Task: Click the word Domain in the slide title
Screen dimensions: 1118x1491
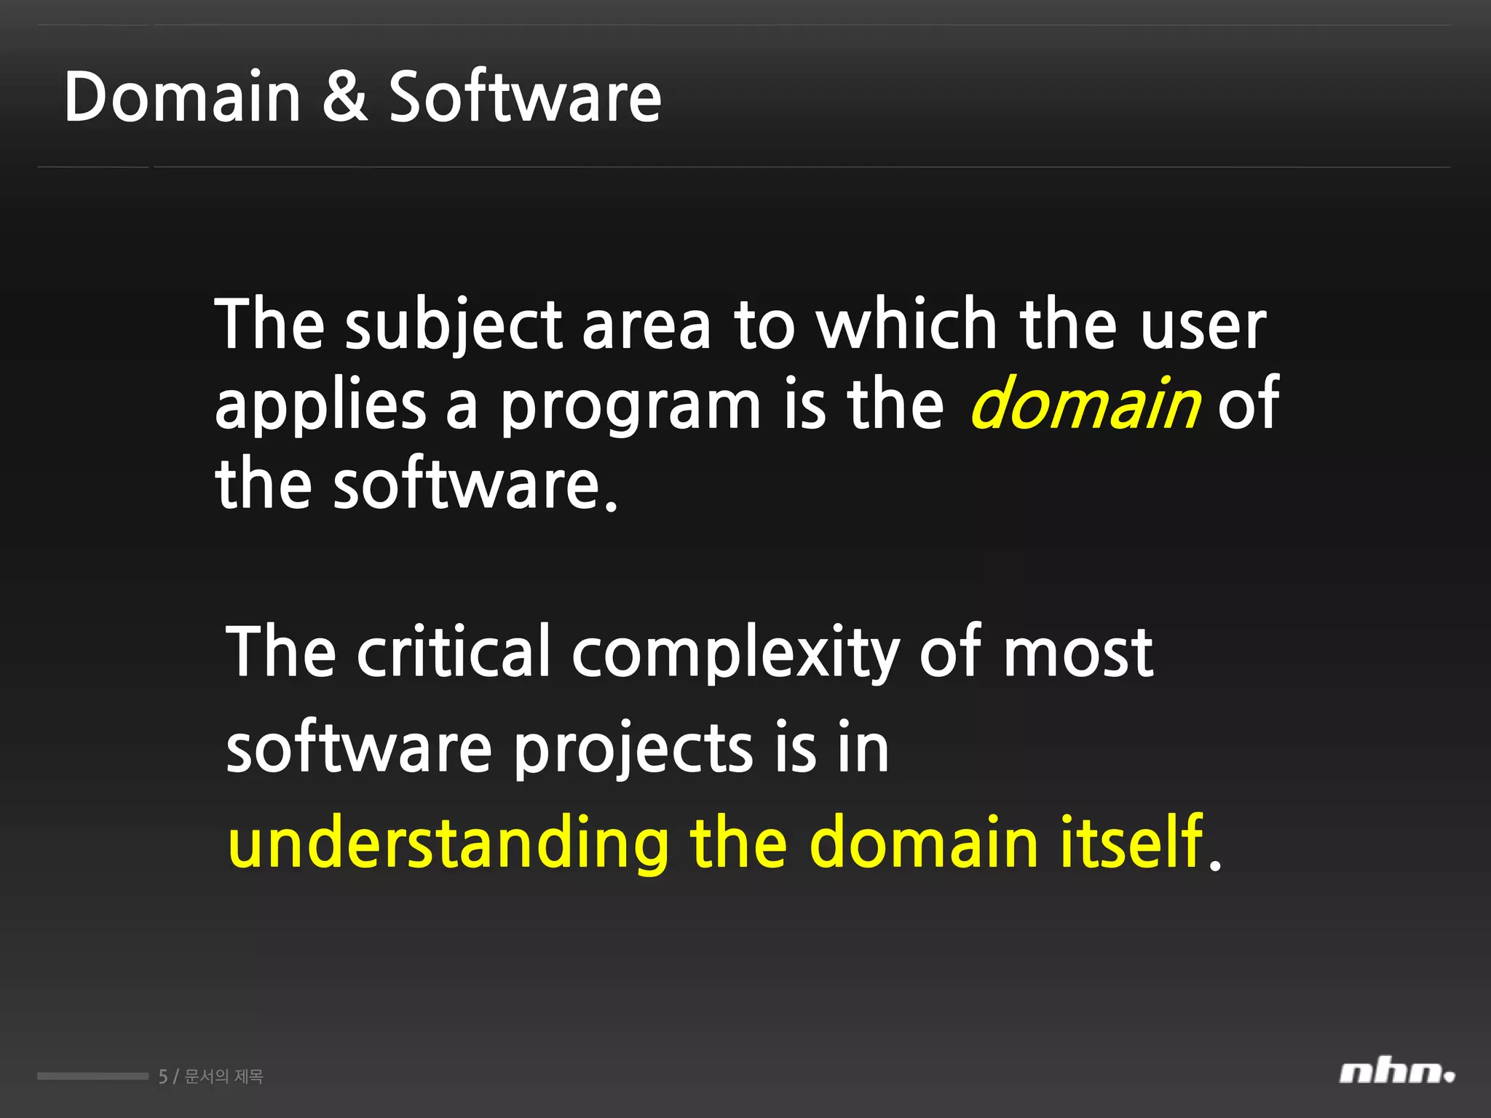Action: point(182,97)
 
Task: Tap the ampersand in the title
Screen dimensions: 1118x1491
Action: point(344,97)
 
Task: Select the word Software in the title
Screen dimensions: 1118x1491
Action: point(525,97)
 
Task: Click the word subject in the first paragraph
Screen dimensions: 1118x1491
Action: point(454,326)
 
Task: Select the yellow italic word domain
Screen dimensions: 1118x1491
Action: point(1085,403)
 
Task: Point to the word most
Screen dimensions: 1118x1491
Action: point(1078,653)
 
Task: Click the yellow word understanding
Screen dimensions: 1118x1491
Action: point(448,844)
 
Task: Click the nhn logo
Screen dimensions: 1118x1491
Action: point(1396,1073)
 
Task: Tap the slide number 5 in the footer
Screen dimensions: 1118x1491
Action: point(163,1077)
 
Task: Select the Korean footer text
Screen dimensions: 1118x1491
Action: point(224,1077)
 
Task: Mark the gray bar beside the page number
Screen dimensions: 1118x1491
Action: point(92,1076)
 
